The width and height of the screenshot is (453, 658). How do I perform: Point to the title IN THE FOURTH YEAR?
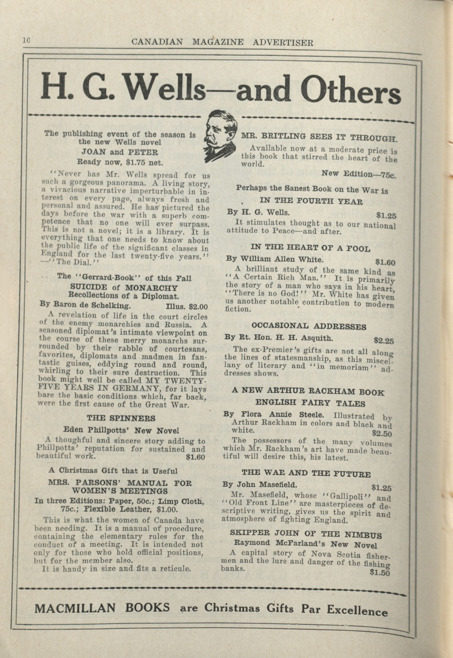[x=311, y=201]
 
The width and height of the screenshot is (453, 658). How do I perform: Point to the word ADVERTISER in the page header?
[x=283, y=42]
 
